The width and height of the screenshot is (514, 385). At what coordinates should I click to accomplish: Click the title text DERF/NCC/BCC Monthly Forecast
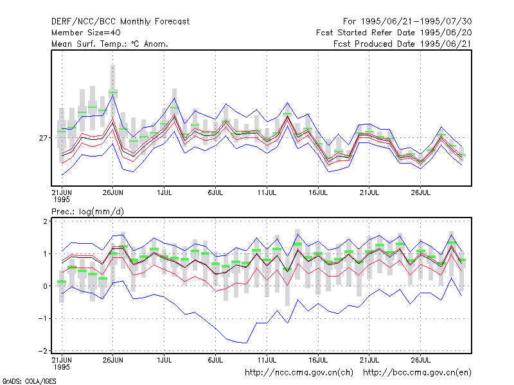pos(120,22)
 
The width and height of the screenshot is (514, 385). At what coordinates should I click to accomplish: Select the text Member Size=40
pos(86,33)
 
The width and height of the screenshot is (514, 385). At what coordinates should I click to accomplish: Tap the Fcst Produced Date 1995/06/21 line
pos(402,44)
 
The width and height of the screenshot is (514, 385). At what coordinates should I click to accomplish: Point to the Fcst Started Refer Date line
pos(394,33)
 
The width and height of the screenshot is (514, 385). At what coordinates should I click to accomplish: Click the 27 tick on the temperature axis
pos(43,138)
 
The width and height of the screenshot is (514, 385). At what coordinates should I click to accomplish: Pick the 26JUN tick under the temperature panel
pos(113,193)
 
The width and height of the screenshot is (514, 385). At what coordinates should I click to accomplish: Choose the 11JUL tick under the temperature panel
pos(267,193)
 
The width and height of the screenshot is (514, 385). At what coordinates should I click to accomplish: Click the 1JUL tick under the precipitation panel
pos(164,360)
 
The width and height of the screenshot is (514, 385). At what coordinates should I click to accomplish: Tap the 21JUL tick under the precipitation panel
pos(369,360)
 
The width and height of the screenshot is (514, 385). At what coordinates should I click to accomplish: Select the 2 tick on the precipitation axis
pos(45,221)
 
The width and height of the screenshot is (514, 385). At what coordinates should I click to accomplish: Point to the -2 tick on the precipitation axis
pos(43,351)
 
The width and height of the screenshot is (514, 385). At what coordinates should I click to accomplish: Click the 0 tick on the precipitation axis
pos(45,286)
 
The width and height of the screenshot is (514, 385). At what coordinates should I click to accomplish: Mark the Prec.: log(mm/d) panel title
pos(87,212)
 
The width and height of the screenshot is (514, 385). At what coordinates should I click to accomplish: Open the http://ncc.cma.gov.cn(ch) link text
pos(299,373)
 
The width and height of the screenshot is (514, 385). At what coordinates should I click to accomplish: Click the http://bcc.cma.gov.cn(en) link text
pos(417,373)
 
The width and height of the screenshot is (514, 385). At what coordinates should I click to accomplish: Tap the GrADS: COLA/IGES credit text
pos(29,381)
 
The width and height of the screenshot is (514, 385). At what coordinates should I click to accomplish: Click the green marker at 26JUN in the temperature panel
pos(113,92)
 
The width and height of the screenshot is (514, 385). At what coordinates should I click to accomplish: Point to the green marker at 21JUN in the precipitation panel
pos(62,282)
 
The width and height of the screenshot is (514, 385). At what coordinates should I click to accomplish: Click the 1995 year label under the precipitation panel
pos(62,367)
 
